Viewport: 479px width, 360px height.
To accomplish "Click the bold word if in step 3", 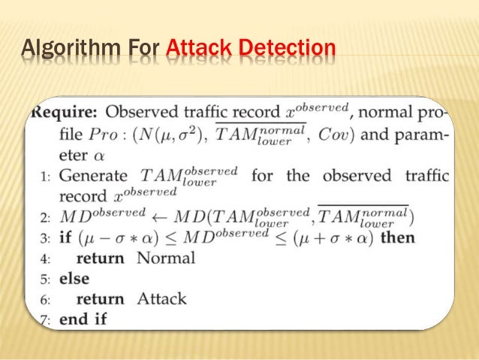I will (65, 238).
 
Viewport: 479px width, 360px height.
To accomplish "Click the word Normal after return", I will (166, 259).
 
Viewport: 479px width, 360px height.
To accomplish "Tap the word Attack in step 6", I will (161, 298).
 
